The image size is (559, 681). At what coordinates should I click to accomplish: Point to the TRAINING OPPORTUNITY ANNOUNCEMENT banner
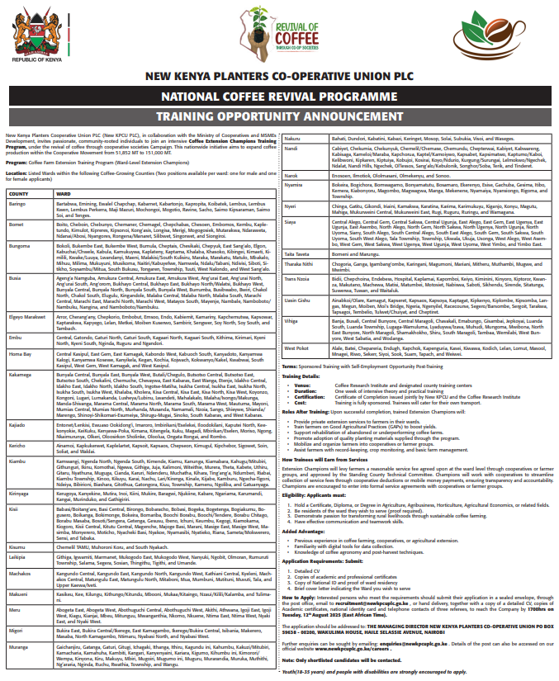coord(279,116)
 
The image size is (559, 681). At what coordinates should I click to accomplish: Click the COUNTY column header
coord(17,194)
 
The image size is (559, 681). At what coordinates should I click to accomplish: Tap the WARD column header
coord(63,194)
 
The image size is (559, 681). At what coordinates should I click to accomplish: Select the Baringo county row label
coord(17,203)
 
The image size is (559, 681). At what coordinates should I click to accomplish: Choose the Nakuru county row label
coord(292,138)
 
